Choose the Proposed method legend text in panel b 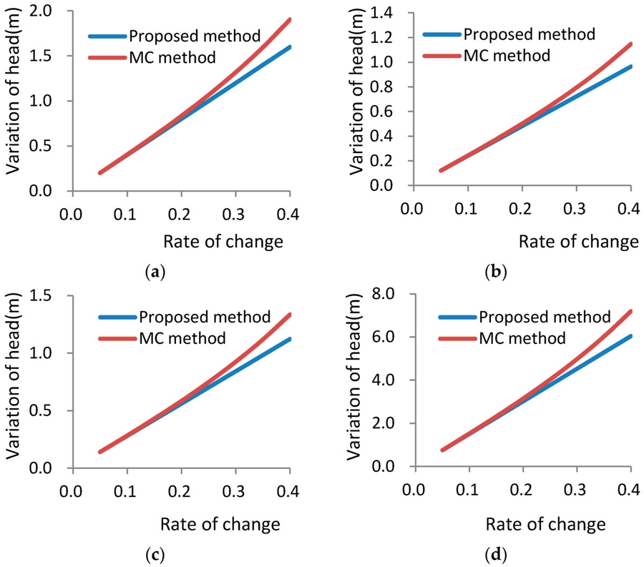pos(528,34)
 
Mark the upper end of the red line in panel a pos(289,19)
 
